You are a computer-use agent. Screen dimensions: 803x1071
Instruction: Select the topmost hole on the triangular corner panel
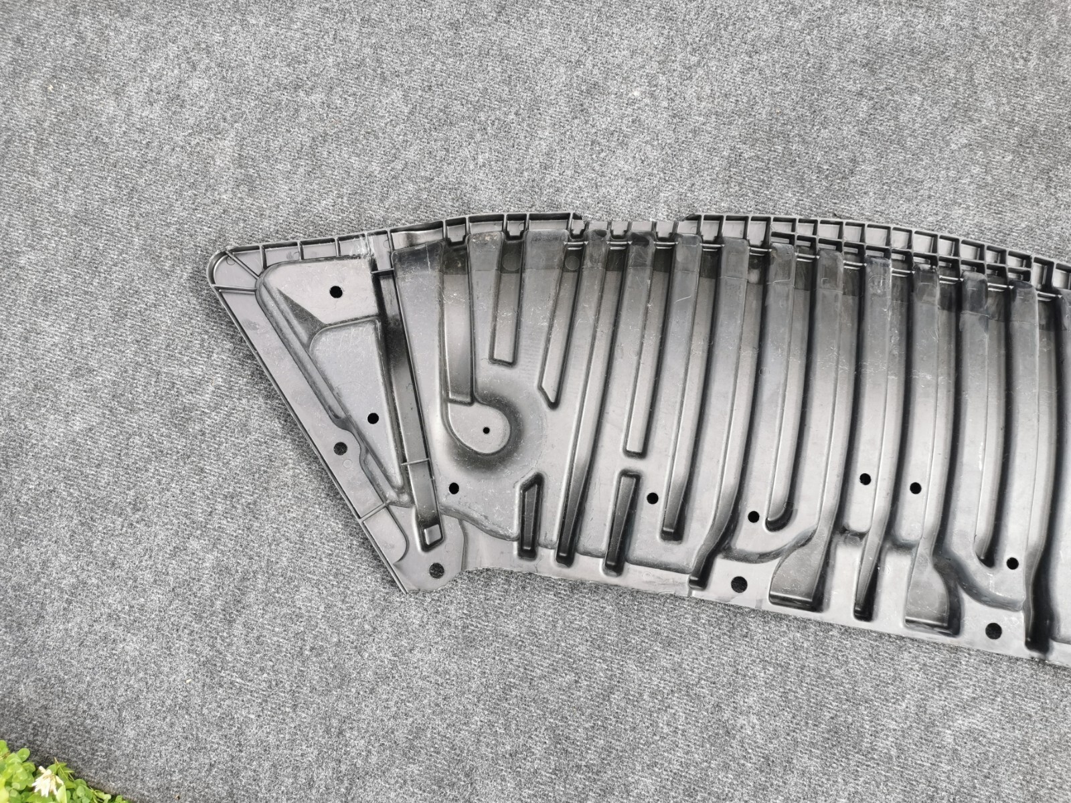[335, 291]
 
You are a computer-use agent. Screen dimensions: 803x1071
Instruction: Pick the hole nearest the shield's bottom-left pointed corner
[436, 569]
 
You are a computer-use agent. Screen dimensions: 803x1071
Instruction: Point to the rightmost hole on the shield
[1012, 561]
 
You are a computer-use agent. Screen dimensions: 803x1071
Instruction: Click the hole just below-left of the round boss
[454, 487]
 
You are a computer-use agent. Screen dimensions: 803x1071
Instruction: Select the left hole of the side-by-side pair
[864, 479]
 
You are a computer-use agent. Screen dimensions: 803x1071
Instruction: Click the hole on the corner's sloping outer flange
[340, 447]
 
